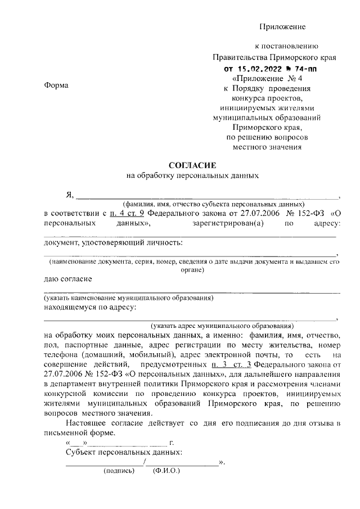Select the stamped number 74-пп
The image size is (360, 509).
pos(303,69)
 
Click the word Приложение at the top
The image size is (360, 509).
pos(282,26)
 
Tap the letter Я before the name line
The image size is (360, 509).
pos(70,195)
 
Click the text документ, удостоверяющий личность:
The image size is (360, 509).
pos(113,243)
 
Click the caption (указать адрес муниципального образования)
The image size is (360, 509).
pos(222,326)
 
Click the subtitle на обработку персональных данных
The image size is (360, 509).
pos(192,175)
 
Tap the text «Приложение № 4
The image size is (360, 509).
pos(271,79)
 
